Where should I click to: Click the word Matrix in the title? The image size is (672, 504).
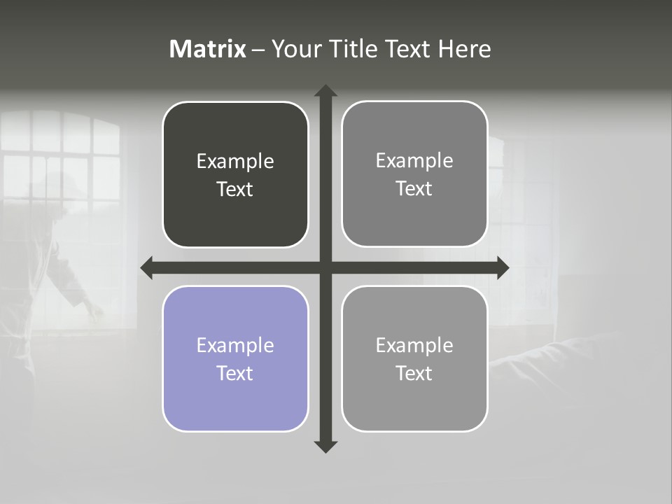[208, 49]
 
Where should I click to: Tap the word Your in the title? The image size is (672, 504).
[295, 49]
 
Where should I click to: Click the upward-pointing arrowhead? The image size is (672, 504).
[325, 91]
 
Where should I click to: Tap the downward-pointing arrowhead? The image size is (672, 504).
[325, 447]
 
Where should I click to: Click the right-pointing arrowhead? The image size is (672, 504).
[503, 267]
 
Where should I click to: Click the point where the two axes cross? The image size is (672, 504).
[325, 267]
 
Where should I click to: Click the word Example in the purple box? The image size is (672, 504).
[235, 345]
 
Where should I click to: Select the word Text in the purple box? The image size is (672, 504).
[235, 373]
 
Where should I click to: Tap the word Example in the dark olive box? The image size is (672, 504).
[235, 161]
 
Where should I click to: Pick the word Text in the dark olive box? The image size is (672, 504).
[235, 189]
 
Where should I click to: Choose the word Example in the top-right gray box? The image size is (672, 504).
[414, 160]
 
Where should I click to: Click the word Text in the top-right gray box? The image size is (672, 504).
[414, 188]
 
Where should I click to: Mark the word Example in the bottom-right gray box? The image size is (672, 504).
[414, 345]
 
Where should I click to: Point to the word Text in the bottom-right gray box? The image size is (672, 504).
[414, 373]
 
